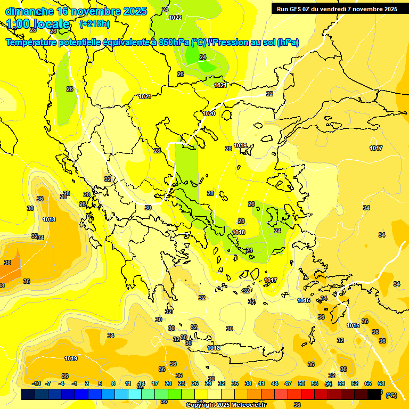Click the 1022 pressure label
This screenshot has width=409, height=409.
[x=175, y=18]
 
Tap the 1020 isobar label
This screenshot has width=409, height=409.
[x=209, y=113]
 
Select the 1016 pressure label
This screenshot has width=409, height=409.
[x=304, y=301]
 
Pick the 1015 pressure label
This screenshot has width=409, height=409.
[x=353, y=325]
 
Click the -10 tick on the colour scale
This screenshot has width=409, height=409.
[x=36, y=383]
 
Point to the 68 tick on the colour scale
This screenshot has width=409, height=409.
[x=381, y=383]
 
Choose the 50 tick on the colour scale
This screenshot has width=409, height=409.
[x=301, y=383]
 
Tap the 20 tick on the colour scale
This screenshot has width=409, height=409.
[x=168, y=383]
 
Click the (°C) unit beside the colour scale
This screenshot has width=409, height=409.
[x=391, y=395]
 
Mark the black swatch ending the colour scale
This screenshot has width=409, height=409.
[x=374, y=394]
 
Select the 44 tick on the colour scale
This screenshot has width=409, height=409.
[x=275, y=383]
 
